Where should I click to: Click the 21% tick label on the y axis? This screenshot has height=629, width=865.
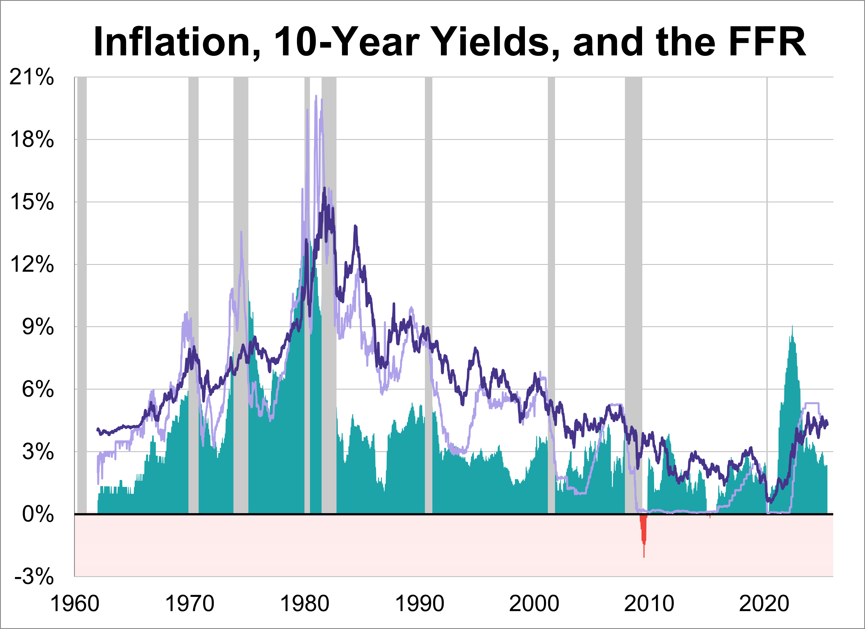pyautogui.click(x=32, y=77)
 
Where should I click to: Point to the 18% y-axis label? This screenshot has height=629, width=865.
pyautogui.click(x=32, y=139)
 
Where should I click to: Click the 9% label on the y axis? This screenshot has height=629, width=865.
pyautogui.click(x=37, y=327)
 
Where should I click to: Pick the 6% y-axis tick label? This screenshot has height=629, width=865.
pyautogui.click(x=37, y=389)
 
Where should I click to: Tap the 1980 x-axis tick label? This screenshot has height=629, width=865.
pyautogui.click(x=304, y=604)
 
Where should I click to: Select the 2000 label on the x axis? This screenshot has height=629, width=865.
pyautogui.click(x=534, y=604)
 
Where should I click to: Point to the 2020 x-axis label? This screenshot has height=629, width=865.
pyautogui.click(x=764, y=604)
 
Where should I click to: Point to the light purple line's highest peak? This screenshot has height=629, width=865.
pyautogui.click(x=316, y=96)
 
